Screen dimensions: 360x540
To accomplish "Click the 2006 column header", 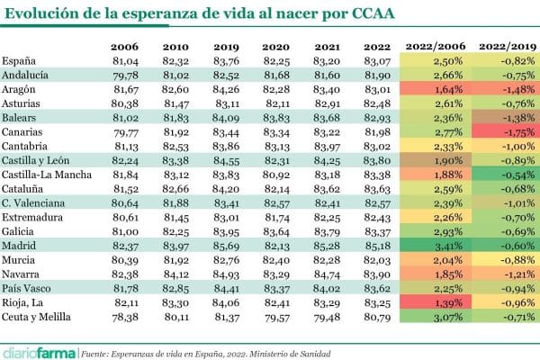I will [125, 46].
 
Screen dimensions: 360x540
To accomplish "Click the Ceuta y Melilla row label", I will [38, 316].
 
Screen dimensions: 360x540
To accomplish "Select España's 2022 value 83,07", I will [378, 60].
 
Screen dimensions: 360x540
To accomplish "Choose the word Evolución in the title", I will [42, 14].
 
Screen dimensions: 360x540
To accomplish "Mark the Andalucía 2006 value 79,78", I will [125, 75].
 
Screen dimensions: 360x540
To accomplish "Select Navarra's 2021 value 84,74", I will [327, 273].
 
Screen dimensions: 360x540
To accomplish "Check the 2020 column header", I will [276, 46].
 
